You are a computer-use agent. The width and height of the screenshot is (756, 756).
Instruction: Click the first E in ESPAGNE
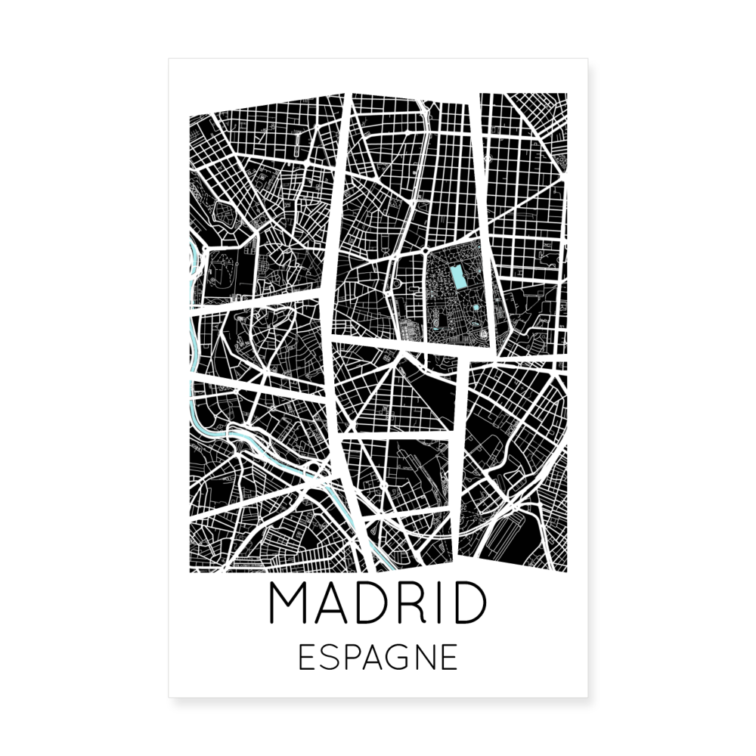306,657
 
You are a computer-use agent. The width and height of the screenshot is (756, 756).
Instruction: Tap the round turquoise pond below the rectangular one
474,308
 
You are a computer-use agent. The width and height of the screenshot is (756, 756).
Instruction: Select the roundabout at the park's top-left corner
426,250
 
